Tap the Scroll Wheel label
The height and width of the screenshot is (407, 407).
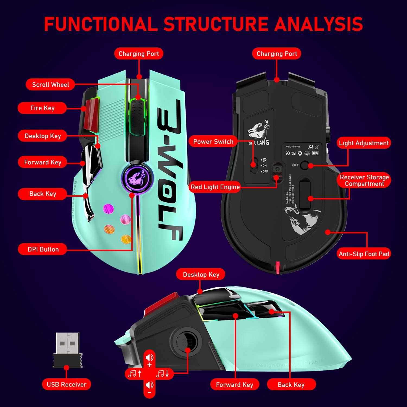(50, 85)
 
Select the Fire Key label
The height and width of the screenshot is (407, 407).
(42, 108)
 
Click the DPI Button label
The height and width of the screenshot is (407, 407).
(43, 249)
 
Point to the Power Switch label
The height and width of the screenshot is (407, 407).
(213, 142)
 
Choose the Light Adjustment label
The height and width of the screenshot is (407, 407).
(364, 143)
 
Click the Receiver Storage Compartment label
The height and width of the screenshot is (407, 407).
(364, 180)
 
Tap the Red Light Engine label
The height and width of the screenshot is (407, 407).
(215, 187)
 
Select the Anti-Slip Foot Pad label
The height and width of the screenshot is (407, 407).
(364, 254)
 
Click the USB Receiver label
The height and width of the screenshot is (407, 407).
(66, 384)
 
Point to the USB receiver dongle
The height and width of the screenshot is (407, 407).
(68, 350)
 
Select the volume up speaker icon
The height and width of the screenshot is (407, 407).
(149, 358)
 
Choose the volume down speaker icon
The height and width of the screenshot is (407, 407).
(149, 385)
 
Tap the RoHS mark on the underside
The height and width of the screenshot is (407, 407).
(316, 153)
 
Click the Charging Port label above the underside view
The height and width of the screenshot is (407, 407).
(277, 54)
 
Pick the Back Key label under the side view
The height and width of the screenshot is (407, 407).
(291, 385)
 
